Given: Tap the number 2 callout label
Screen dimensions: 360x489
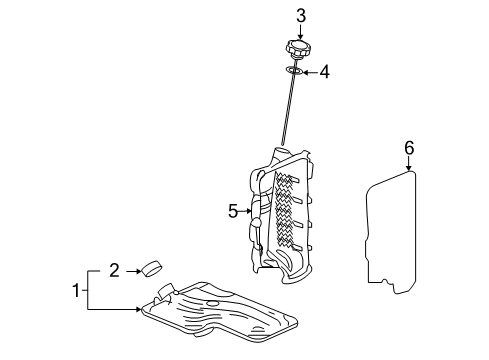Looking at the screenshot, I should click(114, 269).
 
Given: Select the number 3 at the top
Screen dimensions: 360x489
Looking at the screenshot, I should click(299, 14).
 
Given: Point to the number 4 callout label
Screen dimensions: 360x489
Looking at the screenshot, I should click(325, 72).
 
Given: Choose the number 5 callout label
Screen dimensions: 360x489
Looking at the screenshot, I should click(232, 210).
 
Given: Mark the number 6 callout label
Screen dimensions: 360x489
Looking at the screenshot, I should click(408, 148).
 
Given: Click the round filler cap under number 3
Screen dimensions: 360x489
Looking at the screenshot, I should click(299, 49).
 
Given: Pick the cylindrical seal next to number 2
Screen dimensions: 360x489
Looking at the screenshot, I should click(153, 267).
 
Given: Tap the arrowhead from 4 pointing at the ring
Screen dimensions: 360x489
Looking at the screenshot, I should click(305, 72).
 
